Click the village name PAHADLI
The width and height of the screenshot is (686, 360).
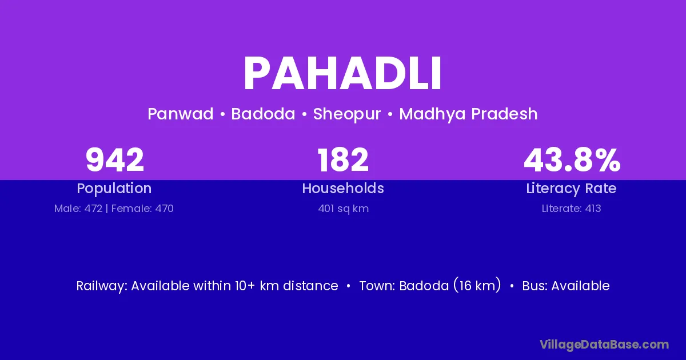[x=342, y=74]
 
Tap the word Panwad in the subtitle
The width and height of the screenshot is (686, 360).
[x=181, y=114]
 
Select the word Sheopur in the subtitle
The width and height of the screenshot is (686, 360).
[x=347, y=114]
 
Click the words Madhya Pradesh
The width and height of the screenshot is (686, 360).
[x=468, y=114]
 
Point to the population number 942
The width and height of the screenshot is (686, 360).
[x=114, y=159]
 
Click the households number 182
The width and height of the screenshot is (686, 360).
[x=342, y=159]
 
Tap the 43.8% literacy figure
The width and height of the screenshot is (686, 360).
[x=572, y=159]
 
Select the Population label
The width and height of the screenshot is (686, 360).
[x=114, y=189]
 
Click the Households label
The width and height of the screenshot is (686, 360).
[x=343, y=188]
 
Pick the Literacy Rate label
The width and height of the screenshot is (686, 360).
[x=571, y=189]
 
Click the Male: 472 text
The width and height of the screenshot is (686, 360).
[x=78, y=209]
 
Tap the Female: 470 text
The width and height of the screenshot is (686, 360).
[x=142, y=209]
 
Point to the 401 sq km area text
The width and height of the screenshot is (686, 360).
[x=344, y=209]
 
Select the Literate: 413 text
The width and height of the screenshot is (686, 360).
[x=571, y=209]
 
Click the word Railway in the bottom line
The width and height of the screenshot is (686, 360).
[x=101, y=286]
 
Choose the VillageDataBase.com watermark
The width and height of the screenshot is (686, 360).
[x=604, y=345]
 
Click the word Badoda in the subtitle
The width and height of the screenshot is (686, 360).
[x=263, y=114]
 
